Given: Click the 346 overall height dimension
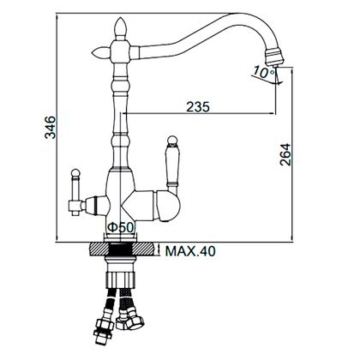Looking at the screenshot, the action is point(51,127).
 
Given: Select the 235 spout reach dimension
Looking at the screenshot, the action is point(198,107).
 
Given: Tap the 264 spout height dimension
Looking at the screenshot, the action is point(285,154).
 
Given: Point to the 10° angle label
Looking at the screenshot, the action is point(263,72).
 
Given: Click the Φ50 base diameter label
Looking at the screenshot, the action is point(120,227).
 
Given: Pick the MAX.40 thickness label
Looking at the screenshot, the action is point(190,251).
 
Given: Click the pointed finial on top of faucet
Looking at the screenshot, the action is point(120,28).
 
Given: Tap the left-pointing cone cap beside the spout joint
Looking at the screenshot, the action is point(100,52).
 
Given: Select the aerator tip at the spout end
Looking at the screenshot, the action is point(274,57).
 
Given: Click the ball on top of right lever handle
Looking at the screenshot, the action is point(172,141).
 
